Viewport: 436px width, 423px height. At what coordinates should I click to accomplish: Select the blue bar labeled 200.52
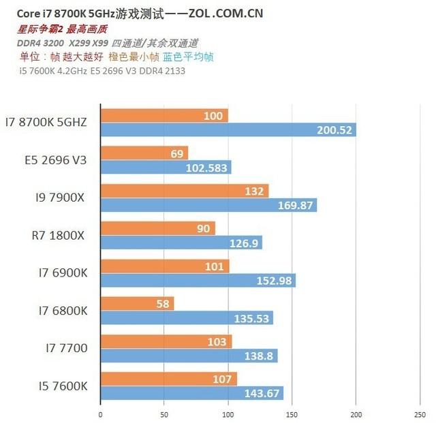(x=228, y=130)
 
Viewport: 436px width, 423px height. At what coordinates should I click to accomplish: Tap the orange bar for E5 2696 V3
(x=144, y=153)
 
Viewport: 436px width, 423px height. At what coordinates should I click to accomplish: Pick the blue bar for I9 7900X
(x=208, y=205)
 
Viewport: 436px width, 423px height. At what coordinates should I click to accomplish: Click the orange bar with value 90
(x=157, y=228)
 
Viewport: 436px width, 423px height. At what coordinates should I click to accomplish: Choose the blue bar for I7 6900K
(x=198, y=280)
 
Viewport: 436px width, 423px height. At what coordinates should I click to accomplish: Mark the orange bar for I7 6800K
(x=137, y=303)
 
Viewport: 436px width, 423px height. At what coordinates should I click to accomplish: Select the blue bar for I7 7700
(x=189, y=355)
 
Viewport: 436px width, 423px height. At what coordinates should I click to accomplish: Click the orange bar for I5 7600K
(x=168, y=378)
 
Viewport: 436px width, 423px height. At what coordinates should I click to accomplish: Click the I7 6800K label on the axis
(x=63, y=310)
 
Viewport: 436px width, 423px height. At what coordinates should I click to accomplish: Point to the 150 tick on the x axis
(x=292, y=413)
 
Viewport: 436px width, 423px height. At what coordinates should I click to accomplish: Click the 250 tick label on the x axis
(x=419, y=413)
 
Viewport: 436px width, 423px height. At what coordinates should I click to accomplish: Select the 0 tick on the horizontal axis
(x=100, y=413)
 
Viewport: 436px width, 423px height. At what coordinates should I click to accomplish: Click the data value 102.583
(x=208, y=168)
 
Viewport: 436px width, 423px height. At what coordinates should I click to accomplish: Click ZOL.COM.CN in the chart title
(x=226, y=13)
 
